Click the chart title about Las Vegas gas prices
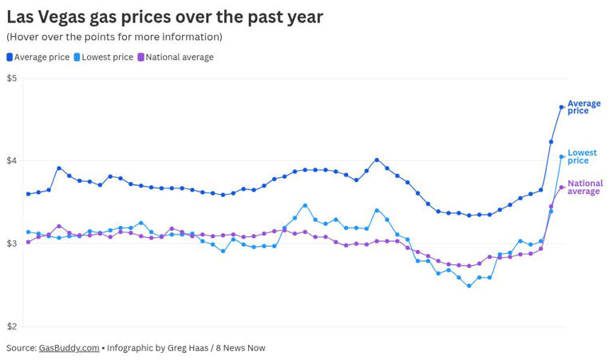[164, 16]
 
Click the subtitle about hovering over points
[114, 37]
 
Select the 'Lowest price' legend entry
[107, 57]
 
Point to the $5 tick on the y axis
[11, 78]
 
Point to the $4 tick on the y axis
[11, 160]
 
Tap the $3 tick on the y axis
[11, 243]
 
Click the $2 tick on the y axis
[11, 326]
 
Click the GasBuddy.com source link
[69, 348]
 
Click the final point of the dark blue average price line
[562, 107]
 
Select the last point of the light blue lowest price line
[562, 156]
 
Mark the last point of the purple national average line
[562, 188]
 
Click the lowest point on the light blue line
[469, 286]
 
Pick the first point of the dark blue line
[29, 194]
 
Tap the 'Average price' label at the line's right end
[583, 107]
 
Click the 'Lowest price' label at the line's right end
[582, 156]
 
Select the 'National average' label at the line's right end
[584, 188]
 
